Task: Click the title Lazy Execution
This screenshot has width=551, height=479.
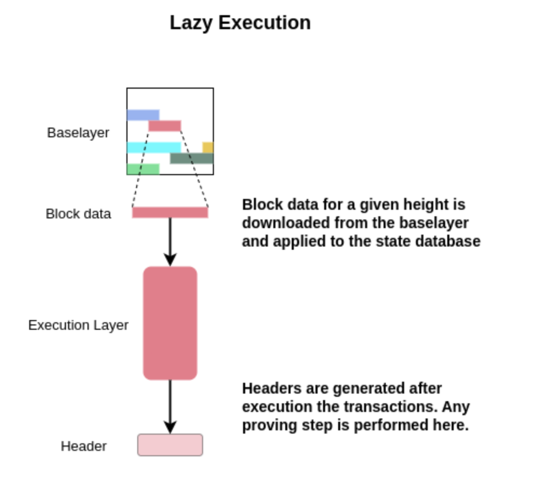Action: (x=240, y=23)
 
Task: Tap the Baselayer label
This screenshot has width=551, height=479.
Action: (x=78, y=132)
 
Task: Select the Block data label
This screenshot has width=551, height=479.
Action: (x=78, y=214)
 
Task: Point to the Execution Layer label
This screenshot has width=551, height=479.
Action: (x=78, y=325)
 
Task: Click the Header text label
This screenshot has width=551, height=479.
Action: (x=84, y=446)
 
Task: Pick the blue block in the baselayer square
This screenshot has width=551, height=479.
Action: (x=143, y=115)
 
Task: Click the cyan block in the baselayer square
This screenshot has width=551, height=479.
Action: (x=154, y=148)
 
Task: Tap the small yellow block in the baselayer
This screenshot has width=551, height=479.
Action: (x=208, y=148)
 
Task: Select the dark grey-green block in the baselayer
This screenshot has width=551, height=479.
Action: (x=192, y=158)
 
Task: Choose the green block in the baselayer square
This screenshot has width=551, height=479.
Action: (x=143, y=169)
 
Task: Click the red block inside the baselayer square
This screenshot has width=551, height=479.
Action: (x=165, y=126)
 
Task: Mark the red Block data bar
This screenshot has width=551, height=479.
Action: (x=170, y=212)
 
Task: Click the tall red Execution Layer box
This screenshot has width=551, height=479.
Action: (x=170, y=323)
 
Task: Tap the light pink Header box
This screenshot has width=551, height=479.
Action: (x=170, y=445)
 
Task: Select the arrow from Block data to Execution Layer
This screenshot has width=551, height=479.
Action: (x=170, y=241)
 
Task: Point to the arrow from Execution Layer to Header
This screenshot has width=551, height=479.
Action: (x=170, y=405)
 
